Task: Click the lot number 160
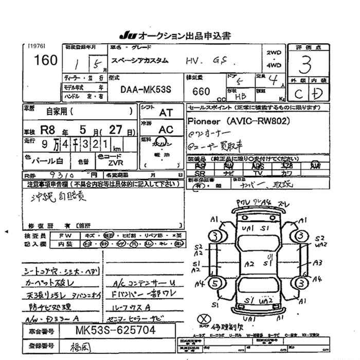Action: coord(46,61)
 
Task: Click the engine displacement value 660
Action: coord(201,91)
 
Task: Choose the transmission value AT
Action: coord(166,112)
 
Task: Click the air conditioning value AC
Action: coord(166,130)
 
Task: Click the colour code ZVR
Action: coord(116,162)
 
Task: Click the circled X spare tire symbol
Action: coord(205,319)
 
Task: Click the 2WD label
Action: coord(274,53)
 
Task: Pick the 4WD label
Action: coord(274,65)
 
